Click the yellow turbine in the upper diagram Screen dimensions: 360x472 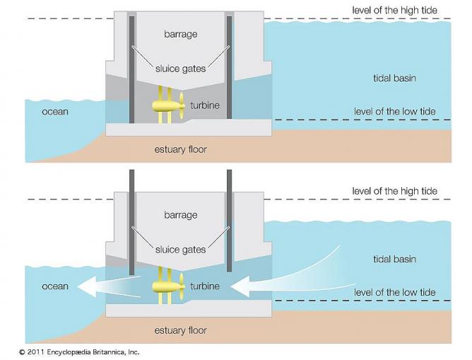point(168,107)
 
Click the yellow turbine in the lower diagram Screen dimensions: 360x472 point(168,286)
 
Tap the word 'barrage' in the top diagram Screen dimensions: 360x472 point(181,33)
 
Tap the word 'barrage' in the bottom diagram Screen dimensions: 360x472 point(181,214)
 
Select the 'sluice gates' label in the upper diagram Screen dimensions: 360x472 point(181,69)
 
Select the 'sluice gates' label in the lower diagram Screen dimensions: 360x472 point(181,249)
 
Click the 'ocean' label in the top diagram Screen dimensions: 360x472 point(55,112)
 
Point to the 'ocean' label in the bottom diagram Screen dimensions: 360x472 point(55,286)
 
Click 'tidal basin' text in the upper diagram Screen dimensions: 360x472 point(394,77)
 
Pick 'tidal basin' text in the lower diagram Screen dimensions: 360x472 point(394,260)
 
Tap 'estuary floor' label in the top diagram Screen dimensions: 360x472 point(181,149)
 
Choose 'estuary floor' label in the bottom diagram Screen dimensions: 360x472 point(181,330)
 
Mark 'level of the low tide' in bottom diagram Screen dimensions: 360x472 point(395,292)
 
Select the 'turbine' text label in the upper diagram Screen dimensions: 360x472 point(205,105)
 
